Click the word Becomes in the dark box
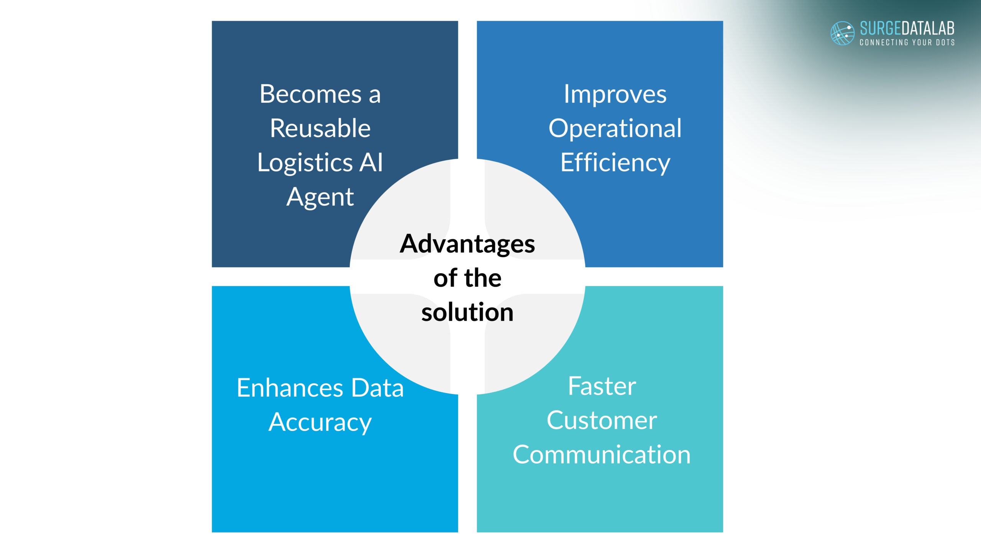coord(311,94)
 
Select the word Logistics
coord(305,163)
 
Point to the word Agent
coord(320,198)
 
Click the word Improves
coord(615,95)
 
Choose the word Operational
coord(615,129)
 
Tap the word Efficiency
coord(615,163)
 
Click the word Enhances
coord(290,388)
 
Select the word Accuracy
coord(320,423)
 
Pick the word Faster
coord(602,386)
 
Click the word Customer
coord(602,421)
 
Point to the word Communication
coord(602,455)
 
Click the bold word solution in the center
coord(468,312)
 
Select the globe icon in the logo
coord(842,33)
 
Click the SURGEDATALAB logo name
coord(907,28)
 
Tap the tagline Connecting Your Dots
coord(907,43)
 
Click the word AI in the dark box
coord(371,163)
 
